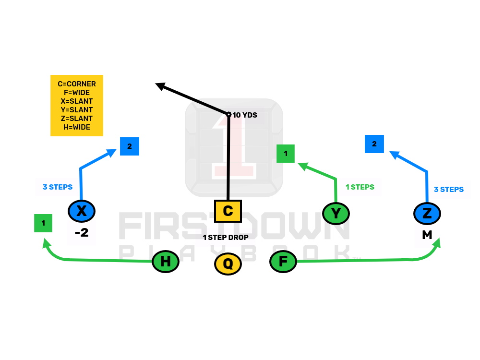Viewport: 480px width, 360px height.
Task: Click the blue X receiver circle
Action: click(x=82, y=211)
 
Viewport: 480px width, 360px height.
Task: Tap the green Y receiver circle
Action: click(x=336, y=213)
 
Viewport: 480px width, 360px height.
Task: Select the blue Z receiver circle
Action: click(x=427, y=213)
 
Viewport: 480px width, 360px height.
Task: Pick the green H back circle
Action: click(x=166, y=262)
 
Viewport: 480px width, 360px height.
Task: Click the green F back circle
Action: click(x=283, y=262)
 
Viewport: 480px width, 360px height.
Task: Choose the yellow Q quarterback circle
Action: click(x=228, y=264)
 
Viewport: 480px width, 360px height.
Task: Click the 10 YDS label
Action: click(x=245, y=115)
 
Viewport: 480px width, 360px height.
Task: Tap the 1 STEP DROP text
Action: click(x=226, y=238)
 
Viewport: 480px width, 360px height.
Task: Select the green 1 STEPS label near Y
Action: click(x=360, y=187)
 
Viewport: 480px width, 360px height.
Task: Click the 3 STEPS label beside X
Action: click(x=58, y=187)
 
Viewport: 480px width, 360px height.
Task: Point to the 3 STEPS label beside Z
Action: click(x=449, y=190)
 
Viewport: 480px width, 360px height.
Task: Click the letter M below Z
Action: click(x=427, y=235)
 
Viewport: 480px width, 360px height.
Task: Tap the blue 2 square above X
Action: click(x=130, y=146)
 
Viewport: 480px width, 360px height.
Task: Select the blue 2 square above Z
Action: click(x=374, y=144)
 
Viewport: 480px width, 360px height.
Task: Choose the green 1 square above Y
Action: click(x=286, y=154)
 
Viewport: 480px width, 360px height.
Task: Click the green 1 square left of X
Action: click(x=43, y=223)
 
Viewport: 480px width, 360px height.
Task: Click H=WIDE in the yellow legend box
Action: click(x=77, y=127)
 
